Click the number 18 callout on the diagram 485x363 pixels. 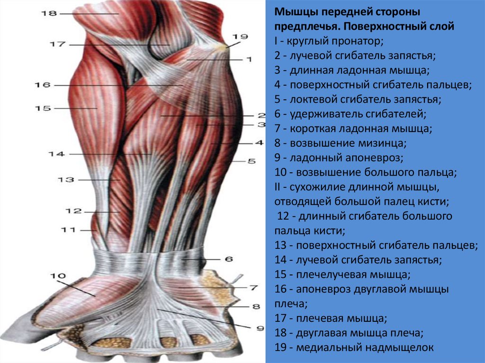tap(49, 14)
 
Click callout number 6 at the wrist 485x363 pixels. tap(229, 259)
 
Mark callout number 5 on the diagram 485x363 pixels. tap(251, 161)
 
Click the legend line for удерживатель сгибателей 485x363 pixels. tap(350, 114)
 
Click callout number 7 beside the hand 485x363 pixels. tap(253, 287)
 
